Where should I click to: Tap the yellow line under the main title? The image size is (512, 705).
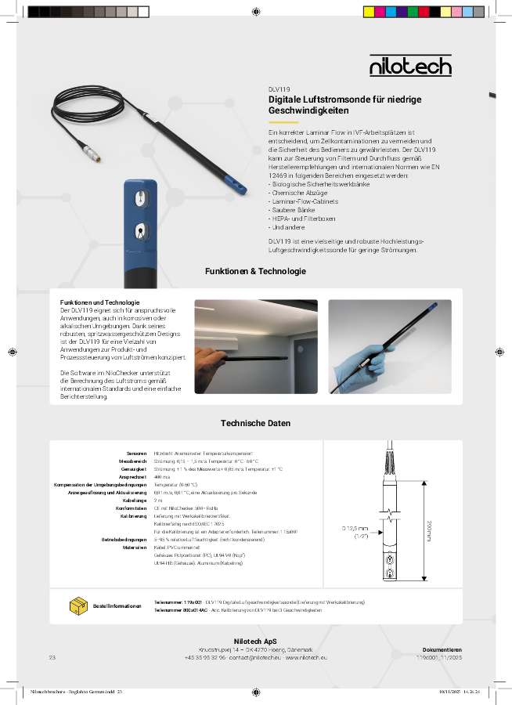pos(283,123)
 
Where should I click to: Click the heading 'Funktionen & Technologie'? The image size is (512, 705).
pos(255,271)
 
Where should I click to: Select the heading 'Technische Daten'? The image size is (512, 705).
pos(255,423)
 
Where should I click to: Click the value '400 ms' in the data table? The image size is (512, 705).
pos(163,477)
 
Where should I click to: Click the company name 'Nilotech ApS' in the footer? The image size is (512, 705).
pos(255,641)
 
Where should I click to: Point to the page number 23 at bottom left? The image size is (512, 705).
pos(52,657)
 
